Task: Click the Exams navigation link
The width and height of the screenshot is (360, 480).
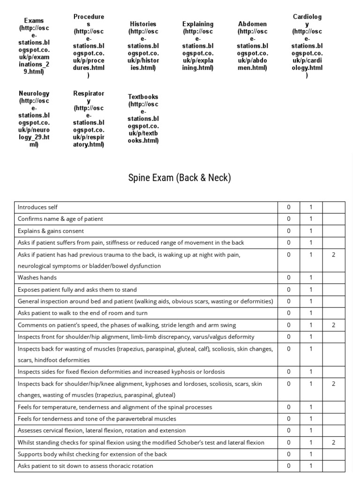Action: click(x=35, y=46)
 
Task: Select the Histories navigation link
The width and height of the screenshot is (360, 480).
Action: click(x=143, y=45)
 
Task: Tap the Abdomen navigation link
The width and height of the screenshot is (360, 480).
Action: click(x=253, y=45)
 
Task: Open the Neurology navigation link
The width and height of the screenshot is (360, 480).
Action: click(x=34, y=119)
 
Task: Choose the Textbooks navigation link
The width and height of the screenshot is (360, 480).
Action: click(x=143, y=119)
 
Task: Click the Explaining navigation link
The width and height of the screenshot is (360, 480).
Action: click(x=198, y=45)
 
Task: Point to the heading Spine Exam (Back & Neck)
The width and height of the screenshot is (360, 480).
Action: click(x=180, y=178)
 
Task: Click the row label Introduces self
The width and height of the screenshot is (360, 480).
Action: click(x=37, y=207)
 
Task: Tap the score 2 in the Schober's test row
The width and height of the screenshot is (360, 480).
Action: click(x=333, y=442)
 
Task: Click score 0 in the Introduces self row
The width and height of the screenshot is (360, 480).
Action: click(x=289, y=207)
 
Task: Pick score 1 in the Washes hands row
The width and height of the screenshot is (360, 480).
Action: click(x=311, y=277)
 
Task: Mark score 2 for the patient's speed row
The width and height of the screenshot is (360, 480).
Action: click(x=333, y=325)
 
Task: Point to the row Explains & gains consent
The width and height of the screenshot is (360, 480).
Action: click(x=51, y=231)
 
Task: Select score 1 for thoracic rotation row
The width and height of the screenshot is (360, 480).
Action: click(x=311, y=466)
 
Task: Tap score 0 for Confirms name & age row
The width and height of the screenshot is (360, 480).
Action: click(x=289, y=219)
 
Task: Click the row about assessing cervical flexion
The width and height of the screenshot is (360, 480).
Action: click(x=101, y=430)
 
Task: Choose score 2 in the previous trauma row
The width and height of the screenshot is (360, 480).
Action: click(x=333, y=255)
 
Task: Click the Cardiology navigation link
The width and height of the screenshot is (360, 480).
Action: click(x=307, y=46)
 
